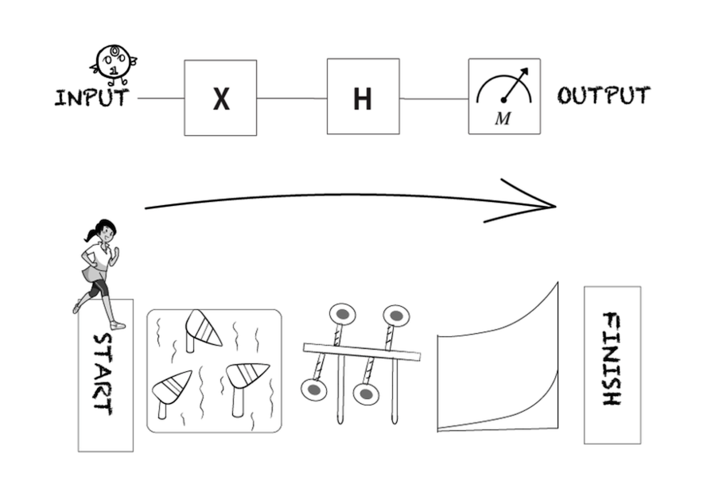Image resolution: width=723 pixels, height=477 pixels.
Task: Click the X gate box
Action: tap(220, 98)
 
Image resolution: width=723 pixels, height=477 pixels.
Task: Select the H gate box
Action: tap(363, 96)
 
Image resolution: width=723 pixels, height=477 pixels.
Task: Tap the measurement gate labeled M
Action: tap(504, 96)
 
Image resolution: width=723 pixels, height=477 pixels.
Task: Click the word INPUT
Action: tap(91, 98)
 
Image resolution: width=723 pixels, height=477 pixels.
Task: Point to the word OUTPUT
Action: tap(604, 95)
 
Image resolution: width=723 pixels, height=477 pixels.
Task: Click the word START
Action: tap(103, 374)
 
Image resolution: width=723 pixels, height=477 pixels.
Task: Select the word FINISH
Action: tap(612, 359)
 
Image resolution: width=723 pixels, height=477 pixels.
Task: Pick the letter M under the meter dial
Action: tap(503, 118)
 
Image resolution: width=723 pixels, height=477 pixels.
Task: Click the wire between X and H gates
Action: tap(292, 98)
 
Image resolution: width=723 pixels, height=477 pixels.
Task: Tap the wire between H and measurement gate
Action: tap(434, 98)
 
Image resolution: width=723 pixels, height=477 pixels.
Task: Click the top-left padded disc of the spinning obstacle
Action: tap(343, 314)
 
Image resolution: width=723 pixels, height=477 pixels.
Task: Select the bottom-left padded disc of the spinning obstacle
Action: tap(313, 390)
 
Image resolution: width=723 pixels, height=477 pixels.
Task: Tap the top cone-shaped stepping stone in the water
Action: tap(202, 329)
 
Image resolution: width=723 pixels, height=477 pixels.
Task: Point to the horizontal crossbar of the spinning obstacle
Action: tap(361, 352)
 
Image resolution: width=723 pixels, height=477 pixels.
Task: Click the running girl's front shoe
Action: tap(118, 326)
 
